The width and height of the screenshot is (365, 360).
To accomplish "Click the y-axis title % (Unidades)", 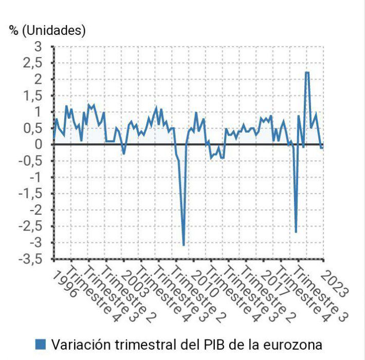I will tap(47, 30).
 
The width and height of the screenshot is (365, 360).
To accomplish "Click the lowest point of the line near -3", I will tap(184, 245).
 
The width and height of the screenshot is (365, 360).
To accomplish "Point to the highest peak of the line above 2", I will tap(307, 72).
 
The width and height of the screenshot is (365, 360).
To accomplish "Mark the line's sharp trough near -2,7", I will tap(296, 232).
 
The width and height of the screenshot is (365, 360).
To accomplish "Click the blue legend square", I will tap(41, 344).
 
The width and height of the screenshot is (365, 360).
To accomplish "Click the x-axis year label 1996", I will tap(66, 283).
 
